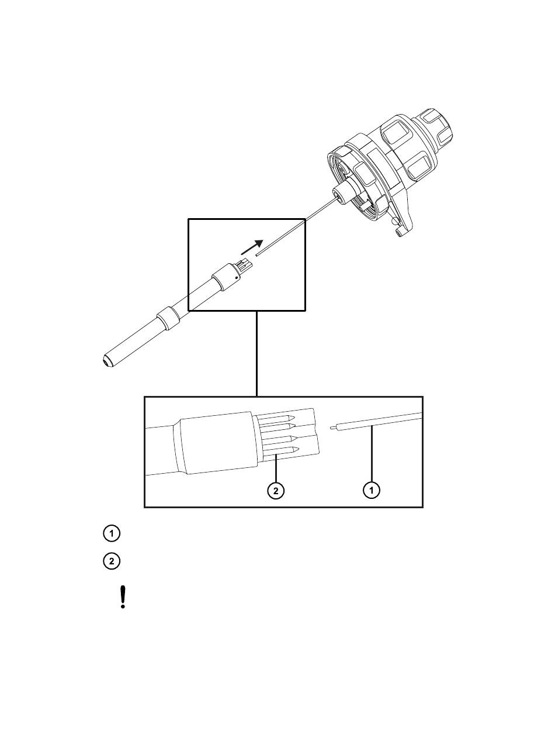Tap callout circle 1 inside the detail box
372,490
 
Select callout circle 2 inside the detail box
276,490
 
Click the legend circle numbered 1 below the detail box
112,533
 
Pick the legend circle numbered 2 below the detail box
112,561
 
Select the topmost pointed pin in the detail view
277,418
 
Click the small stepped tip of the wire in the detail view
332,428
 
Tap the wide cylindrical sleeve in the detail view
217,443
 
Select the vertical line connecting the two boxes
257,353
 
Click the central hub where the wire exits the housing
344,195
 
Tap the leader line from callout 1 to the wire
372,456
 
